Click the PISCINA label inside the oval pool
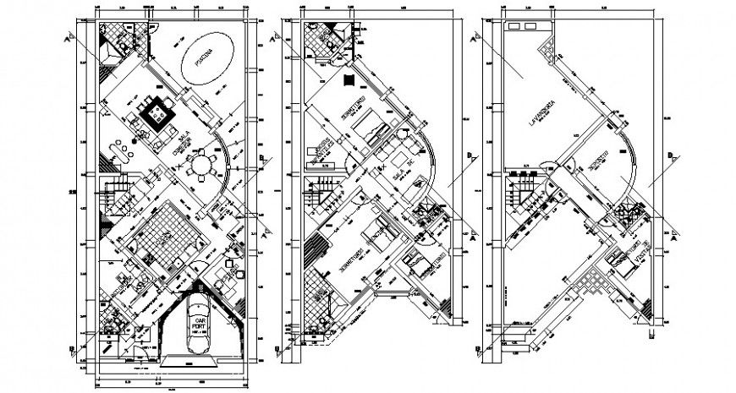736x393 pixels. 203,59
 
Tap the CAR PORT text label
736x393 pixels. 200,325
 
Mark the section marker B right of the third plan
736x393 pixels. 671,156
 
